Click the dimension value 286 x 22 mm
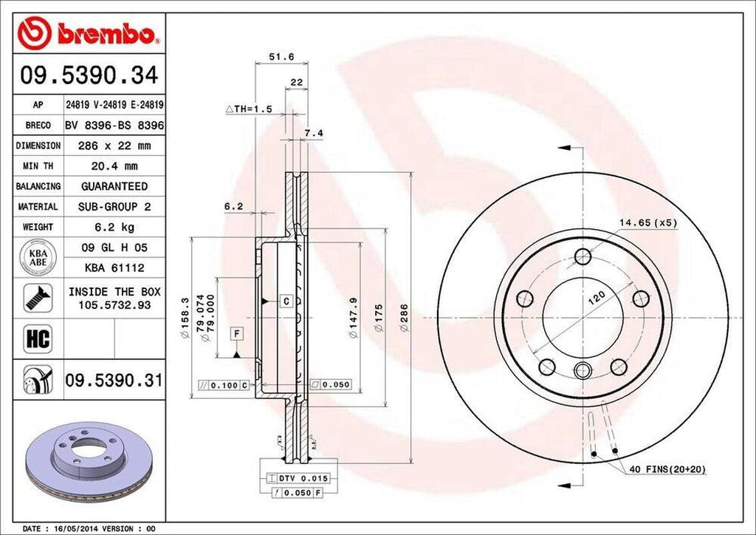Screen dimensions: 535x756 [x=114, y=146]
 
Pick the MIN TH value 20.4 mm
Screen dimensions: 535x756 [x=114, y=166]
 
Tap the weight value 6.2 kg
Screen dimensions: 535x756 [x=114, y=228]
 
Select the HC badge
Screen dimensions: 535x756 [x=37, y=339]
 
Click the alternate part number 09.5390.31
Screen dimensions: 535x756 [x=114, y=381]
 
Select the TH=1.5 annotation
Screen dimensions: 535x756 [x=250, y=109]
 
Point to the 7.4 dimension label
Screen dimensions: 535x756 [x=313, y=134]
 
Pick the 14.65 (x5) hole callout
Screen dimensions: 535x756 [x=648, y=222]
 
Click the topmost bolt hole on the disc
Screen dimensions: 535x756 [x=583, y=256]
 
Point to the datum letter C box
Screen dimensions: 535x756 [x=286, y=301]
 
